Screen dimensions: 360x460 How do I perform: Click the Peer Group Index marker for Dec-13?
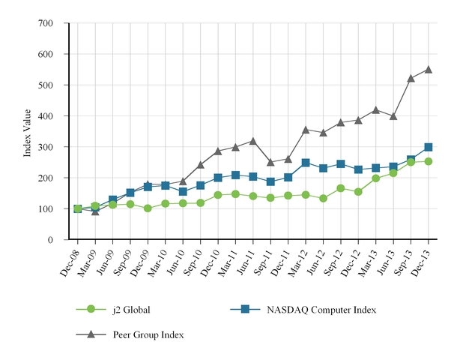coord(429,69)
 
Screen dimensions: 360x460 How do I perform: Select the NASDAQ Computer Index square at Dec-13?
coord(429,148)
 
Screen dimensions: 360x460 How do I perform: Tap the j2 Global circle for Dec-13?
coord(429,161)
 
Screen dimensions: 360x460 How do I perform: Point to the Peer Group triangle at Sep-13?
coord(411,78)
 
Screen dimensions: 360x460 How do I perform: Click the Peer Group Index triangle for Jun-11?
coord(253,141)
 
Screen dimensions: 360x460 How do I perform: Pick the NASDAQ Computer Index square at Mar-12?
coord(306,163)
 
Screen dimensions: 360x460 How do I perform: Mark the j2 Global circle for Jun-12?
coord(323,198)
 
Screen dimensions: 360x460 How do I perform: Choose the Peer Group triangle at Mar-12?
coord(306,130)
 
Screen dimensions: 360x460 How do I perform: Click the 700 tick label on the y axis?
coord(46,23)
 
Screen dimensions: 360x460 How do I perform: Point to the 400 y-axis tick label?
coord(46,116)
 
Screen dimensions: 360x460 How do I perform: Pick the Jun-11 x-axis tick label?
coord(246,259)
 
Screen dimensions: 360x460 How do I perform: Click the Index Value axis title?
coord(28,131)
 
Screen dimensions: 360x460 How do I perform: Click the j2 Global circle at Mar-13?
coord(376,178)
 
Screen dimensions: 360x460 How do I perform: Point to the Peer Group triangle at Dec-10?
coord(218,151)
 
